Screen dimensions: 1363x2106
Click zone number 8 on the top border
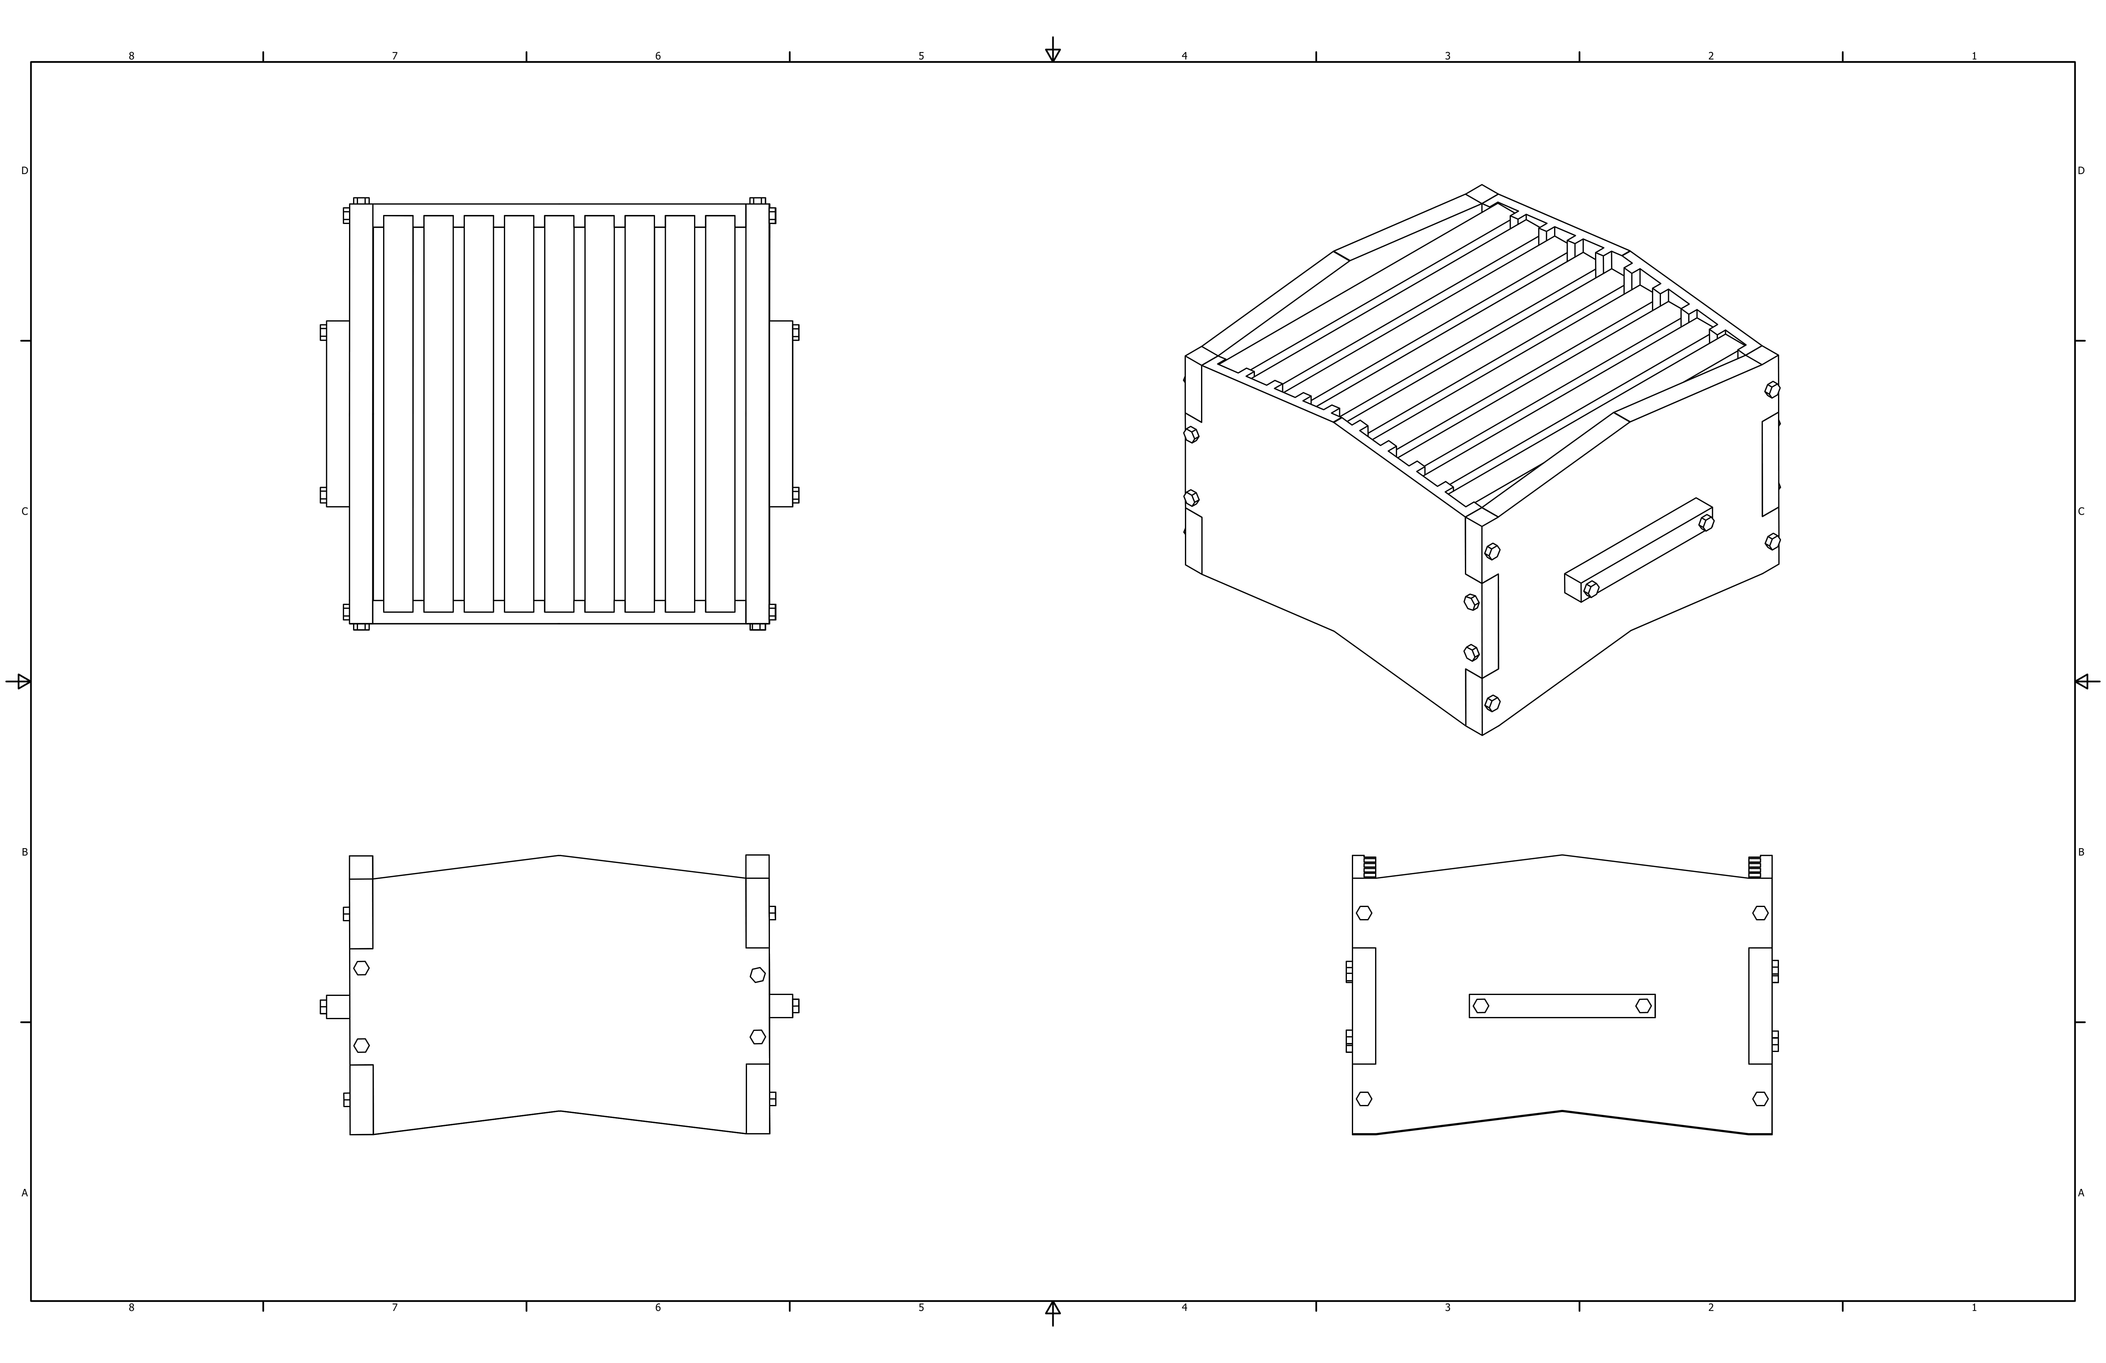[132, 56]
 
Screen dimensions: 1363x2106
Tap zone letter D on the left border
[25, 171]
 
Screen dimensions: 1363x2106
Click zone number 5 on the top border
[921, 56]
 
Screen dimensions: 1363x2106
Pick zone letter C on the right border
[2081, 511]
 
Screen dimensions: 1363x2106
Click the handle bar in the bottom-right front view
[1562, 1006]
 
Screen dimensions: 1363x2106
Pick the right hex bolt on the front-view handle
[1643, 1006]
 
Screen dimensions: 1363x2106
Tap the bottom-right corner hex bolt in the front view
[1760, 1098]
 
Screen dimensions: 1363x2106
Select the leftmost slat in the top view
[398, 413]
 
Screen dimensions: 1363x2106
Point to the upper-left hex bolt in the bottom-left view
[361, 967]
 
